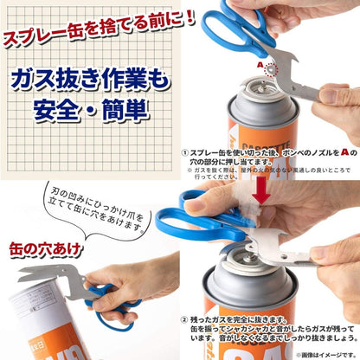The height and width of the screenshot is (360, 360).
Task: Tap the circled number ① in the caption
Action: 185,151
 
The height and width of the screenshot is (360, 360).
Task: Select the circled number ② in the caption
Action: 185,319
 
